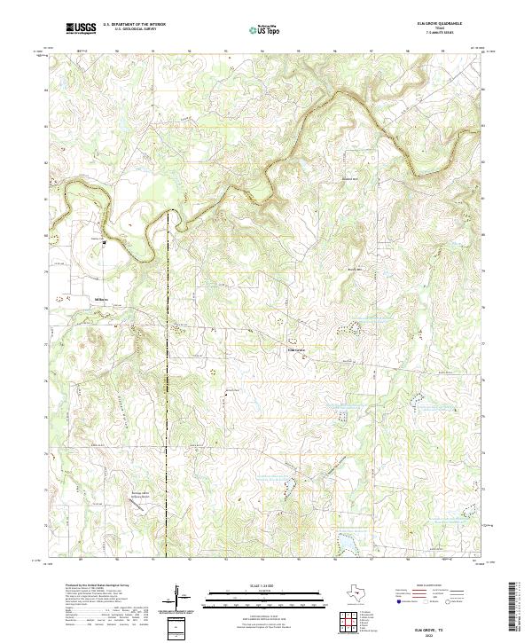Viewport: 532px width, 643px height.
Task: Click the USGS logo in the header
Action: (81, 28)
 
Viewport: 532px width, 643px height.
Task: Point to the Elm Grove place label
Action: (297, 348)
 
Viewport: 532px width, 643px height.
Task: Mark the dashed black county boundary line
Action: (168, 399)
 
